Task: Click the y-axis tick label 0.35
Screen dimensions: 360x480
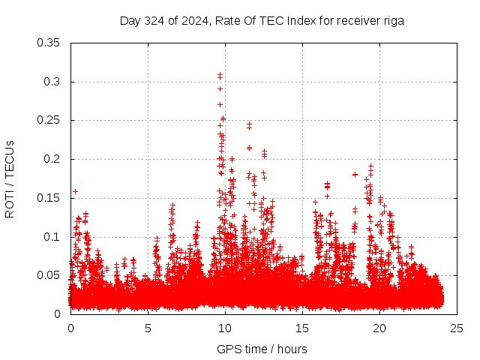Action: pos(49,43)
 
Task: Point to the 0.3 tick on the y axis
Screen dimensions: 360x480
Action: pos(52,82)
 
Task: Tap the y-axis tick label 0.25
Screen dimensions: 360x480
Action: pos(49,120)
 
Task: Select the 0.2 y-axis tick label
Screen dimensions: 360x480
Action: pos(52,159)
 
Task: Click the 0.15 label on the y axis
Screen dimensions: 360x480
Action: pos(49,198)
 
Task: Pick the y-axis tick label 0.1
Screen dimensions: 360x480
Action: pos(52,237)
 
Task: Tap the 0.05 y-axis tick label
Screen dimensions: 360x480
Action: pos(49,275)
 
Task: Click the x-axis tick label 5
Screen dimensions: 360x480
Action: pos(148,328)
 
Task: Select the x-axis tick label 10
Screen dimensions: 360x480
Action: pos(225,328)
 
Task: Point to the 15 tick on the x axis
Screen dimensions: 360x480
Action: pos(302,328)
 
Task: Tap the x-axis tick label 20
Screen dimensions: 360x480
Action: pos(379,328)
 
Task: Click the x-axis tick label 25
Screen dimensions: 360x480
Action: pos(457,328)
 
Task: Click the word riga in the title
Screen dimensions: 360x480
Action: pos(394,21)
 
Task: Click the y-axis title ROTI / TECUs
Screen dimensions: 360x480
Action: pos(10,178)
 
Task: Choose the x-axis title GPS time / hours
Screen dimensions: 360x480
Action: pos(262,349)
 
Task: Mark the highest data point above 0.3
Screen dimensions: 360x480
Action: pos(220,74)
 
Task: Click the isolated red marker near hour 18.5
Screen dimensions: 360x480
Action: pos(355,175)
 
